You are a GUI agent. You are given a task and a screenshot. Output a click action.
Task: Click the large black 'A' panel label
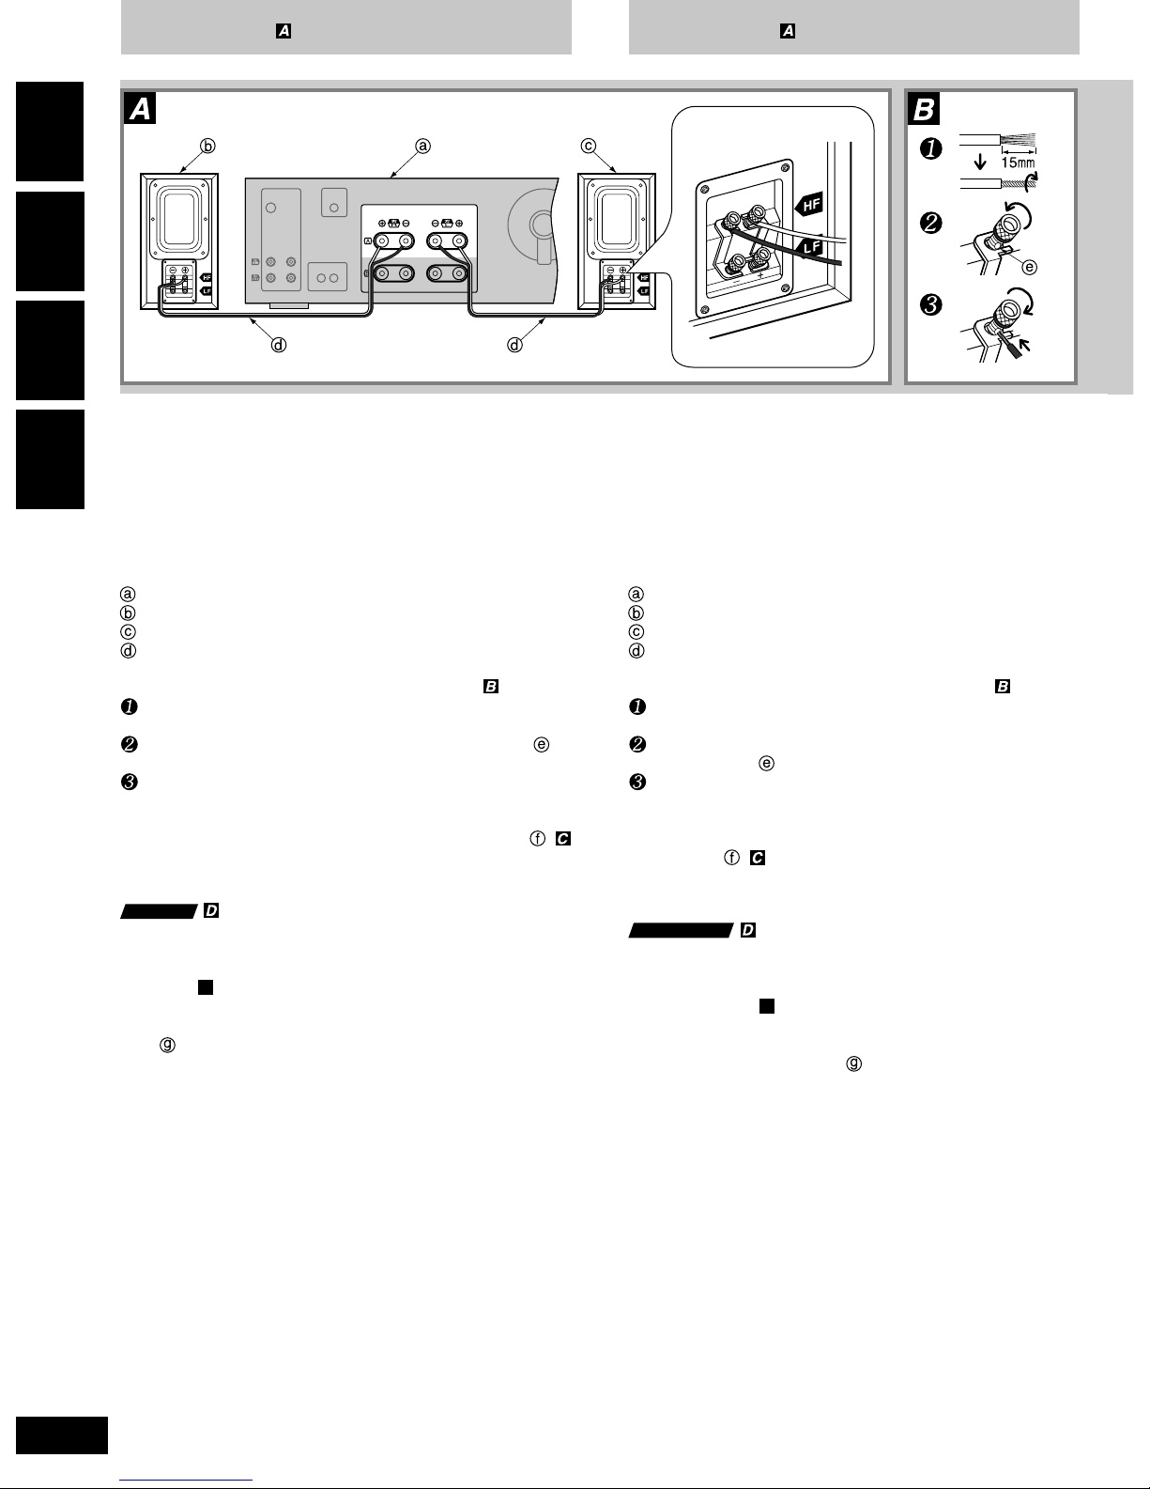[140, 110]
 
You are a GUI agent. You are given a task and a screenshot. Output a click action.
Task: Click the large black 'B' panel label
[924, 110]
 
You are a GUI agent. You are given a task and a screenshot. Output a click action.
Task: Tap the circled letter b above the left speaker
[207, 146]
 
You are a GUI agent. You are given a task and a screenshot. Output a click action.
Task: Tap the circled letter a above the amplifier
[423, 146]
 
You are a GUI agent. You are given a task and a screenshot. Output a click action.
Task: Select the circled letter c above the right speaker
[589, 146]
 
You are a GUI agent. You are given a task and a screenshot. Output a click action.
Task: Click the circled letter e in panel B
[1030, 267]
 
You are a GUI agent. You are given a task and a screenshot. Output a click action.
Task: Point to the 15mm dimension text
[1019, 163]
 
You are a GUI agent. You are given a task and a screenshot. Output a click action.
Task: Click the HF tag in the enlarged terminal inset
[810, 203]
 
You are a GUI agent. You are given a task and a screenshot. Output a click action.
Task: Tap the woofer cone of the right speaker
[617, 215]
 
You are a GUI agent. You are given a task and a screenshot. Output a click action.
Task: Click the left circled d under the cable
[278, 345]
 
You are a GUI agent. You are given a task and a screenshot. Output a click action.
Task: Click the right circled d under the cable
[514, 345]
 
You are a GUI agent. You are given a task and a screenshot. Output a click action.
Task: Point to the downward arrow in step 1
[981, 162]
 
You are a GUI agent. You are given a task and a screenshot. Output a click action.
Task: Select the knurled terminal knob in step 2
[1008, 225]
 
